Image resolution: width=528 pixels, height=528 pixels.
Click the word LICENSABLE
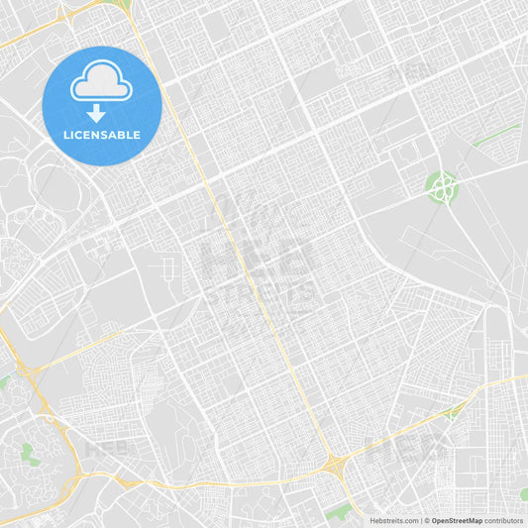point(102,135)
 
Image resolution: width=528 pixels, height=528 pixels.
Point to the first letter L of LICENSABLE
point(65,135)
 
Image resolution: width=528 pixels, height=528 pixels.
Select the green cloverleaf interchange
point(442,184)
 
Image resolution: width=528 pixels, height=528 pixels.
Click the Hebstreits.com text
point(394,520)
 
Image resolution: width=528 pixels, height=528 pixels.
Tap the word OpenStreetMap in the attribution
point(457,520)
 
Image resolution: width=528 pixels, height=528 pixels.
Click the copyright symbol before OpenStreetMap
point(426,520)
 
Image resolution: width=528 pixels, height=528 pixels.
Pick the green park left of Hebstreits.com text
point(339,511)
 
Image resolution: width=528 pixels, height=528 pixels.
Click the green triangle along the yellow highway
point(455,409)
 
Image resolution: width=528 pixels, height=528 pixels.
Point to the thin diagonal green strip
point(495,136)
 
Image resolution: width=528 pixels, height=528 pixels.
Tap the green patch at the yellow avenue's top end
point(123,5)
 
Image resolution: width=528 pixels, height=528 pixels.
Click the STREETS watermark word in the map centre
point(260,292)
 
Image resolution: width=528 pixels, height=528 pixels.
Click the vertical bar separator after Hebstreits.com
point(421,520)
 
